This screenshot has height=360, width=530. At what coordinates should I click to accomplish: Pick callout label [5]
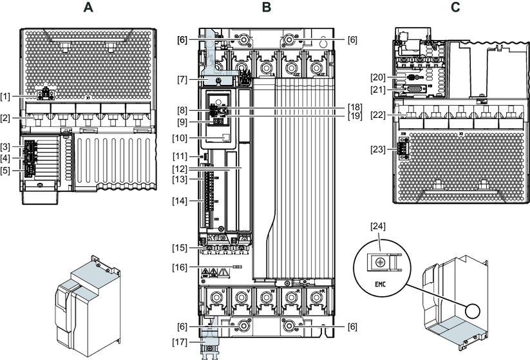coord(6,171)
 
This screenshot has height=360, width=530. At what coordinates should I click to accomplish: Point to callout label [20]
coord(378,77)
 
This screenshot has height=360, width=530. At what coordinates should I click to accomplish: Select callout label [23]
coord(378,149)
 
